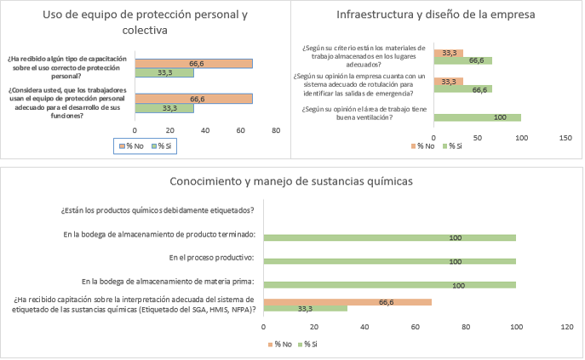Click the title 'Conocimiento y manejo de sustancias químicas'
(x=291, y=181)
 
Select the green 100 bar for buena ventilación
(x=477, y=117)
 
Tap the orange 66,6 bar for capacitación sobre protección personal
(x=193, y=63)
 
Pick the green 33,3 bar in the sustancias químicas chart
(x=305, y=308)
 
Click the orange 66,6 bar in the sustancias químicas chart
(x=347, y=301)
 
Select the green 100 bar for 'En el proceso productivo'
(x=389, y=261)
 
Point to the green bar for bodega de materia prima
(x=389, y=285)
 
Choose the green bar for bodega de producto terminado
(x=389, y=237)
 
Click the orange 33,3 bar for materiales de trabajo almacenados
(x=448, y=52)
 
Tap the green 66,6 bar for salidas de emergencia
(x=462, y=89)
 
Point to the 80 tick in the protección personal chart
(x=276, y=130)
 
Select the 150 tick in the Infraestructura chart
(x=565, y=137)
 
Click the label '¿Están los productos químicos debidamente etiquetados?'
(x=157, y=210)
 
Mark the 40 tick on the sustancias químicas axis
(x=364, y=326)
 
